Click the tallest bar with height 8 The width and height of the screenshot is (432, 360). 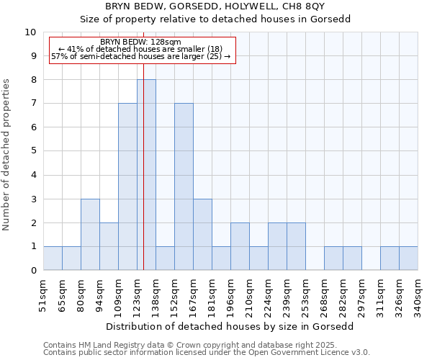click(146, 175)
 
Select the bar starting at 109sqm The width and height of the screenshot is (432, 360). click(127, 186)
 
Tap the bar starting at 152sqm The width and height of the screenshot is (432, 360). click(184, 186)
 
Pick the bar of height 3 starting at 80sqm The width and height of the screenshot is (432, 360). click(90, 234)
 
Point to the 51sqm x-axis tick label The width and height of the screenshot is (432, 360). click(44, 295)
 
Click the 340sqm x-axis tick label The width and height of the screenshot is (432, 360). click(418, 295)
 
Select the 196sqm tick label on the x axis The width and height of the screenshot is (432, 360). click(230, 295)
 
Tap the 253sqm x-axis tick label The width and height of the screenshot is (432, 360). click(305, 295)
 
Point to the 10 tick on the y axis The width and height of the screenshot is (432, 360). click(30, 32)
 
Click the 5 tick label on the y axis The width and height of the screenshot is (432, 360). click(33, 151)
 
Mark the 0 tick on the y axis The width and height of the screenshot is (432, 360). click(33, 271)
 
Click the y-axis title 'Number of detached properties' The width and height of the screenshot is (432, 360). click(7, 155)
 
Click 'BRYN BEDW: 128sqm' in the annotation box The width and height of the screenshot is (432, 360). click(141, 42)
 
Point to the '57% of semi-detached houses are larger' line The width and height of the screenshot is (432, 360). click(141, 56)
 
